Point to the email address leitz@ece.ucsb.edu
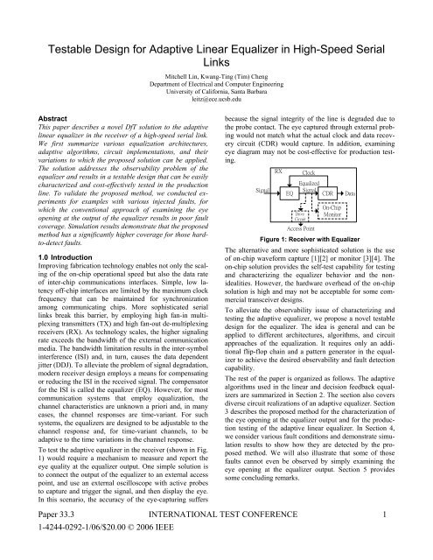[x=216, y=101]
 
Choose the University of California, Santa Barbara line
[x=216, y=93]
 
